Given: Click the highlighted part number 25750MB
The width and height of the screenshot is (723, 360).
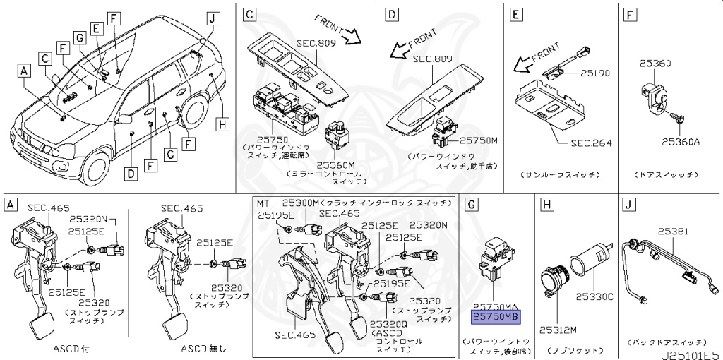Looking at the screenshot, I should coord(495,318).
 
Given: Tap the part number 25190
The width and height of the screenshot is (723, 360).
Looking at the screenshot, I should coord(597,73).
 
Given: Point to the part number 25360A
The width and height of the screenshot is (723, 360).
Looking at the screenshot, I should coord(679,142).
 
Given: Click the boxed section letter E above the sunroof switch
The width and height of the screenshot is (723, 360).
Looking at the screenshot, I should coord(517,14).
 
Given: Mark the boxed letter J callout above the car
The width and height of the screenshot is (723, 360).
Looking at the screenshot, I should coord(210,18).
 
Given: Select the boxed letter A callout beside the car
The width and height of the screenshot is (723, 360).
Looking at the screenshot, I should coord(25,71).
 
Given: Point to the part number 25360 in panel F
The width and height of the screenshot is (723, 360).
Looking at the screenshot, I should coord(656,64).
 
